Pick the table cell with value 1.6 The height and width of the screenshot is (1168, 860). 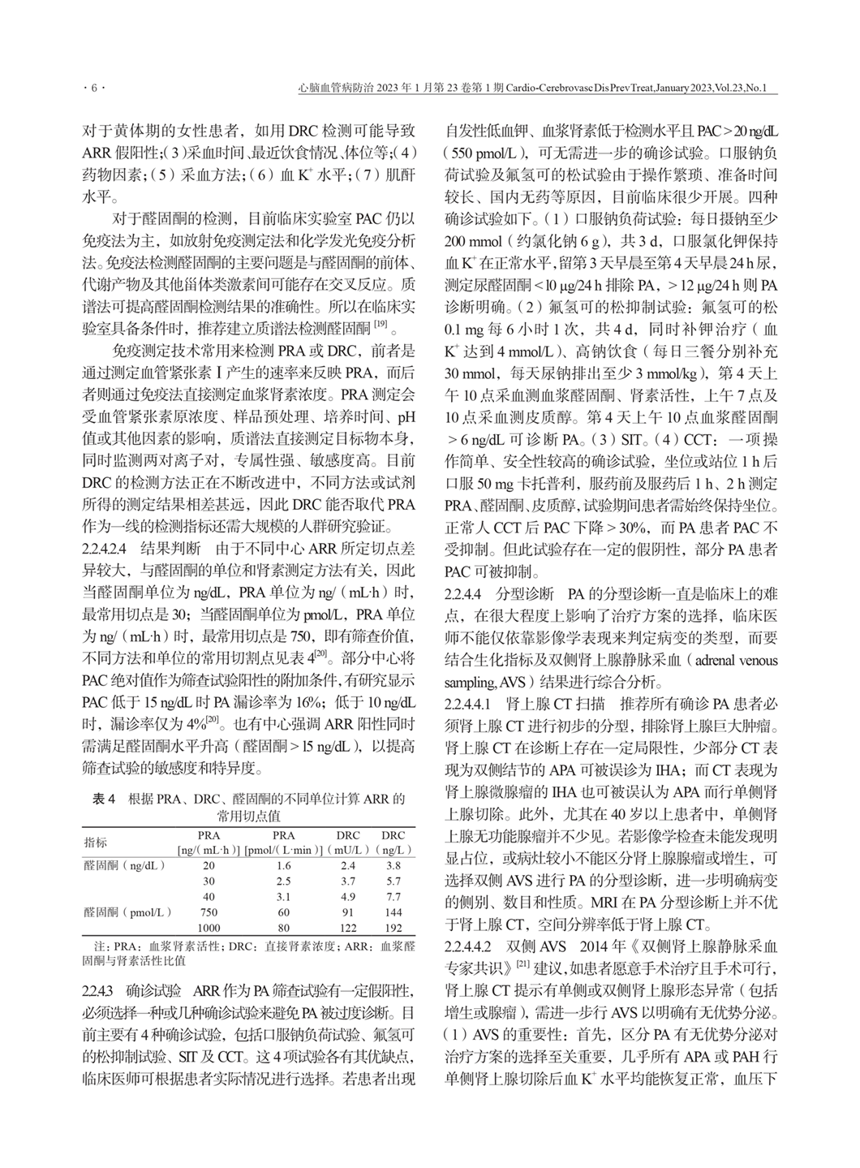[283, 865]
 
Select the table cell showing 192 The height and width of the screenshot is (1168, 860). [393, 927]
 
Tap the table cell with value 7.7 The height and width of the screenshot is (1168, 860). [393, 896]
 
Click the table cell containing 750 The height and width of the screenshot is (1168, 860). [209, 912]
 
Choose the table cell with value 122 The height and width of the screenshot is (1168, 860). [348, 927]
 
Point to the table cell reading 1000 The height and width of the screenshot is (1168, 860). [209, 927]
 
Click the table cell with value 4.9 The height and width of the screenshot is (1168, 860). [348, 896]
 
